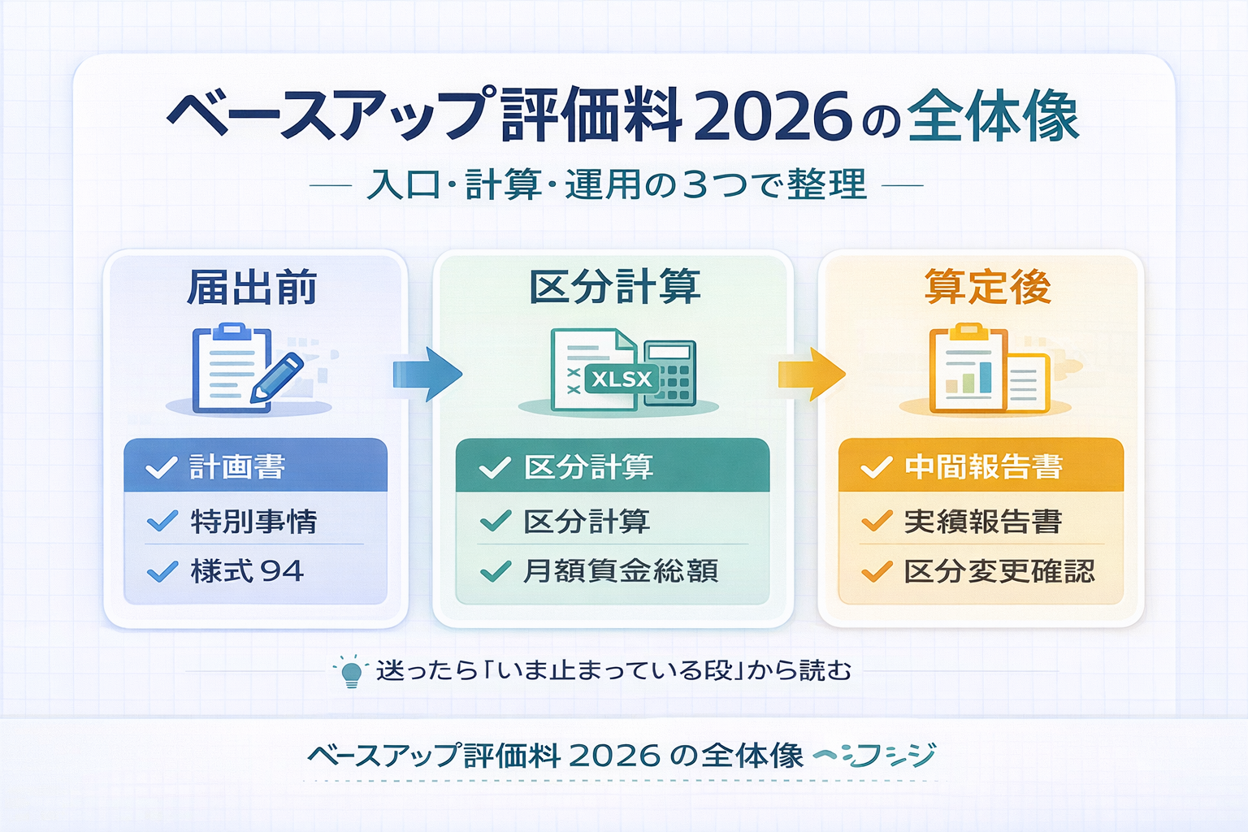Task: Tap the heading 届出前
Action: (x=253, y=288)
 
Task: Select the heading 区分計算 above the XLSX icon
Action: (x=614, y=287)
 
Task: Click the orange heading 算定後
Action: (x=987, y=287)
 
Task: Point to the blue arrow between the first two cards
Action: (x=427, y=375)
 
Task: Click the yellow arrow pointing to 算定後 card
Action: (x=811, y=375)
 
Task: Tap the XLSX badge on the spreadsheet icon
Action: (x=622, y=379)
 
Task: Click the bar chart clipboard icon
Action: (x=967, y=370)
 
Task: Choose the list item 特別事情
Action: (x=253, y=522)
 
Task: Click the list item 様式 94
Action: (x=247, y=572)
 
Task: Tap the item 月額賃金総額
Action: (x=620, y=572)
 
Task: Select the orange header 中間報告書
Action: (x=983, y=467)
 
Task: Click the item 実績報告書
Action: (x=982, y=522)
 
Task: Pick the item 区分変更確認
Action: (x=999, y=572)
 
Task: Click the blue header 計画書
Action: (x=237, y=467)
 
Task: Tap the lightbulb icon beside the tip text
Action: (x=351, y=672)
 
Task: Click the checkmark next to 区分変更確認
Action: (x=877, y=572)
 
